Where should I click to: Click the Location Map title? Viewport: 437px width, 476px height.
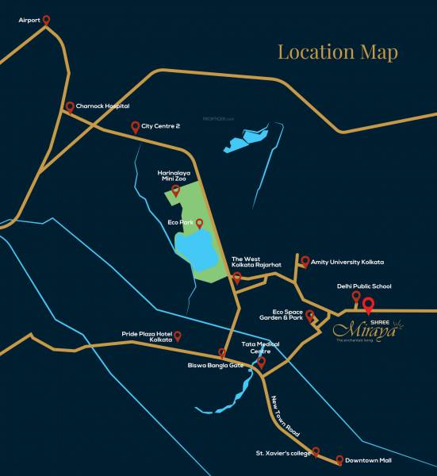(337, 52)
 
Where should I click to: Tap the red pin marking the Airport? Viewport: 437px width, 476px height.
(45, 20)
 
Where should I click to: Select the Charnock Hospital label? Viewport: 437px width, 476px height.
(102, 106)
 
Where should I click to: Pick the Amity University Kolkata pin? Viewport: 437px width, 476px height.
(305, 260)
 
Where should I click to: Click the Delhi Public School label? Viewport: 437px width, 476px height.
(364, 286)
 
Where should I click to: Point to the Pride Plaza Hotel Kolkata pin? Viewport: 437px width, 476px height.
(178, 336)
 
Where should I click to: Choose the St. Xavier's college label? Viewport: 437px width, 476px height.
(282, 454)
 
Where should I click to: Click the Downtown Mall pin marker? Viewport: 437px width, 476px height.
(339, 460)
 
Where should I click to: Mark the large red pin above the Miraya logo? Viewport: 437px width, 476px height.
(368, 302)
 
